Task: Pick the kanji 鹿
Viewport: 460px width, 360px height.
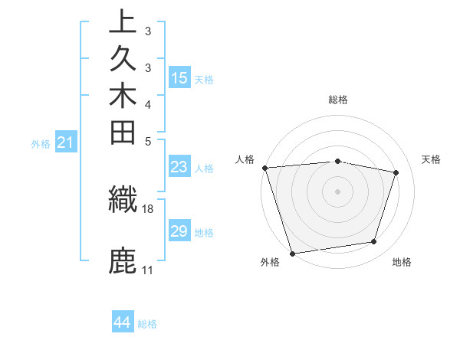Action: tap(123, 260)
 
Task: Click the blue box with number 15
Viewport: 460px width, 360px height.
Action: tap(179, 77)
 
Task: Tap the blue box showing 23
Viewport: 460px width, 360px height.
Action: tap(179, 168)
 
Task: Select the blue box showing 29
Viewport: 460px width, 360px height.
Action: tap(179, 231)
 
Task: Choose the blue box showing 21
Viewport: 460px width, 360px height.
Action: tap(66, 142)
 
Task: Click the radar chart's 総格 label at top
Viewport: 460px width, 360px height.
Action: tap(338, 100)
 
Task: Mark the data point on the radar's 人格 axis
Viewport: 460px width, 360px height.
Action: tap(264, 168)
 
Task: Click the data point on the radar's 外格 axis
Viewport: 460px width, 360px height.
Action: tap(293, 253)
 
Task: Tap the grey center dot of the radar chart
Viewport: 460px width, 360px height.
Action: tap(338, 191)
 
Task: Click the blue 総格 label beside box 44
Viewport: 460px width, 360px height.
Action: tap(147, 324)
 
